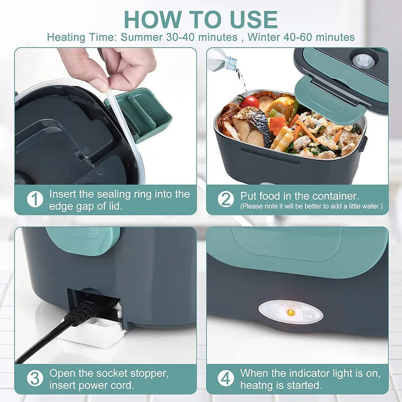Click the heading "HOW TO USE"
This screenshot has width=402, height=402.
coord(200,19)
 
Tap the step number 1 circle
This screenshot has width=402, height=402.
coord(35,199)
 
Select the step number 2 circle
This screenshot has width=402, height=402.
coord(226,199)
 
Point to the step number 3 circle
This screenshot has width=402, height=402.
coord(35,378)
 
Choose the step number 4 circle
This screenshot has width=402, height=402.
coord(226,378)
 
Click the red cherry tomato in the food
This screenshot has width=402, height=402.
coord(250,102)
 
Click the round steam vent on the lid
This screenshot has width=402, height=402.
coord(363,60)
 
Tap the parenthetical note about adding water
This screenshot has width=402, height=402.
coord(311,206)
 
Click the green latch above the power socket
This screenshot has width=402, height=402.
coord(83,240)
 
